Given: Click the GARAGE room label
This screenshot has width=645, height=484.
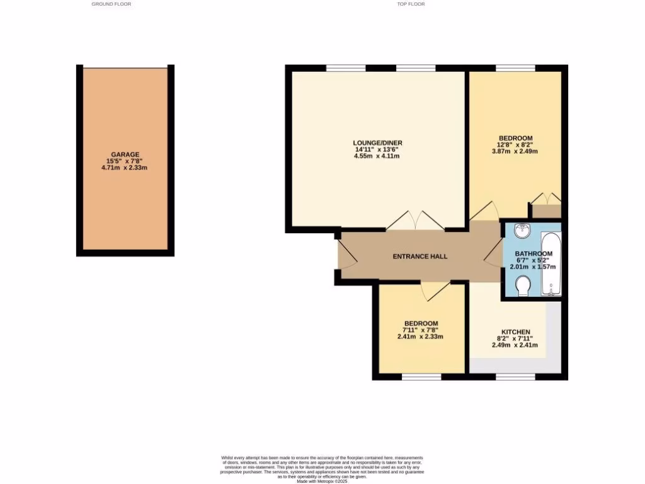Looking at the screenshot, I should pos(125,154).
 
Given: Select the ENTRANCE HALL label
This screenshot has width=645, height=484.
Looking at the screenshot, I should pos(420,256).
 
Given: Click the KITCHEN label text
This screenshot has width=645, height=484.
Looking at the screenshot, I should pos(515,332).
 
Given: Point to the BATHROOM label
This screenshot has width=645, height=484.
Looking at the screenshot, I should pos(533,254).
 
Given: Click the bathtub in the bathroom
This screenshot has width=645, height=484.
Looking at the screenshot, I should pos(551,264).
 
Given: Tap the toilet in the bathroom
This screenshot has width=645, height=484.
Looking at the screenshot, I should pos(522,288).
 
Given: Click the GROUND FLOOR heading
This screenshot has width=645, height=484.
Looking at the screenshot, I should pos(111,4).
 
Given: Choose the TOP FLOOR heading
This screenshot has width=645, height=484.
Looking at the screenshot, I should pos(411,4).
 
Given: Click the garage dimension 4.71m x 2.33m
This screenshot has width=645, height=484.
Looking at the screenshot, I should pos(125,168).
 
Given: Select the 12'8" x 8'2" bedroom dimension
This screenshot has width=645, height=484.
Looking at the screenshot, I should pos(516,144).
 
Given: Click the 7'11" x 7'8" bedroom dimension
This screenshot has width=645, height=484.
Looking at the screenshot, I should pos(421,330).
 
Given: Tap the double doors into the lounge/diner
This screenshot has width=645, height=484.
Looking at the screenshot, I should pos(415,221).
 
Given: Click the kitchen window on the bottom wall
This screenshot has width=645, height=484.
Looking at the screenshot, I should pos(515,377).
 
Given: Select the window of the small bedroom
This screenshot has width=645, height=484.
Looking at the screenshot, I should pos(421,377).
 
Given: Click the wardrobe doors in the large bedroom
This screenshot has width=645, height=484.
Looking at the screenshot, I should pos(545,199).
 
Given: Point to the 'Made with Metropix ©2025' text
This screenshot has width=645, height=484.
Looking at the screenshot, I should pos(322,481).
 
